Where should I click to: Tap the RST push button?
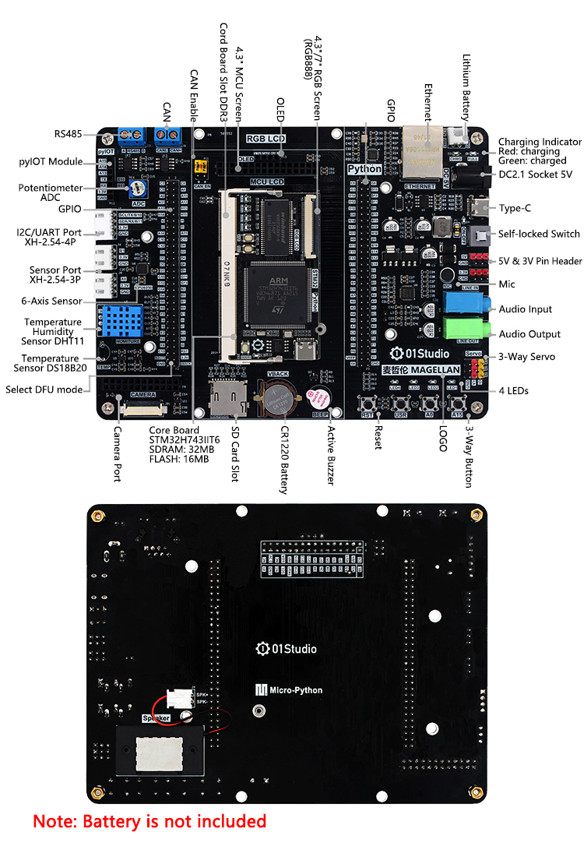click(368, 404)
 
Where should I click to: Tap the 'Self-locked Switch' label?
click(539, 234)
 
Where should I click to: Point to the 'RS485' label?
click(68, 134)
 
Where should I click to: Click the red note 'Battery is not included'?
click(150, 820)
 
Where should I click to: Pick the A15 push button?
click(456, 404)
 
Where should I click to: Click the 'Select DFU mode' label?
click(44, 390)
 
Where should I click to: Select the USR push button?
click(401, 404)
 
